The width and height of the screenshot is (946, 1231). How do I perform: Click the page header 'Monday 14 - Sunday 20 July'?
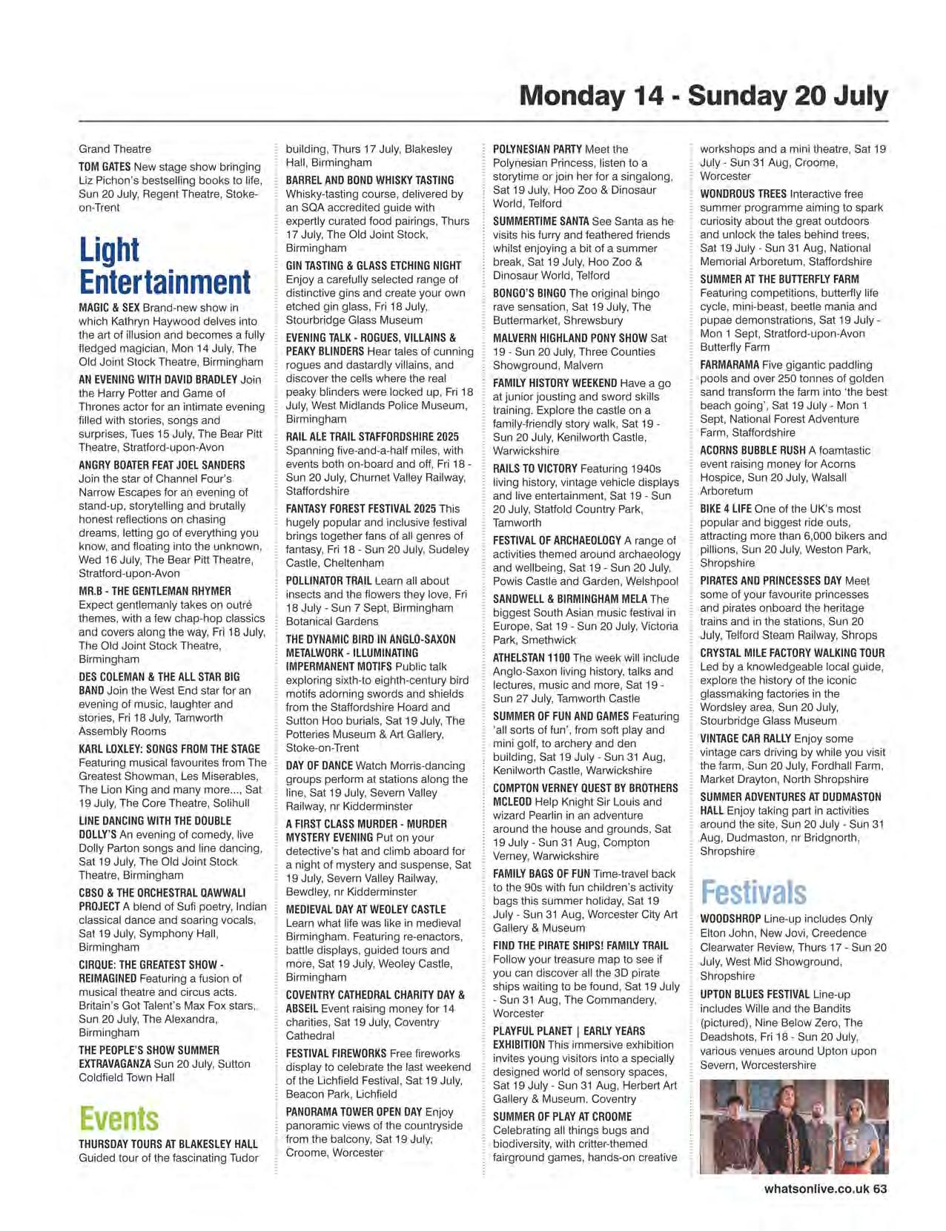point(703,96)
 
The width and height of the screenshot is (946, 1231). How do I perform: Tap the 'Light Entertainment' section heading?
point(165,266)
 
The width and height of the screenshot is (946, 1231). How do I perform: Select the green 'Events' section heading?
point(119,1119)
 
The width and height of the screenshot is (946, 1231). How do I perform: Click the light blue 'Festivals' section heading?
point(753,892)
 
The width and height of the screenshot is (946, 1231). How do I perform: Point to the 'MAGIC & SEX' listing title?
point(109,308)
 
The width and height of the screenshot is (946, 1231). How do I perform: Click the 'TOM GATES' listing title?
point(105,167)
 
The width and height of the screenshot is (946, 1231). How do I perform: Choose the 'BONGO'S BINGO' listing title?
point(529,294)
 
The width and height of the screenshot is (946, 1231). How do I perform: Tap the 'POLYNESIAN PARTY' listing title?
point(537,149)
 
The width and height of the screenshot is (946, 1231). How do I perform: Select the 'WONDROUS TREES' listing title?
point(743,194)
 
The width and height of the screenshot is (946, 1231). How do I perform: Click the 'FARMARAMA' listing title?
point(730,365)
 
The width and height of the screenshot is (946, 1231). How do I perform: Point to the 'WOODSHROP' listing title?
point(730,919)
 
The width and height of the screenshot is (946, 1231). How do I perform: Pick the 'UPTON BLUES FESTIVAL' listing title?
point(755,994)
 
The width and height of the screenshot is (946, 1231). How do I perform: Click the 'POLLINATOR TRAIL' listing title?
point(328,581)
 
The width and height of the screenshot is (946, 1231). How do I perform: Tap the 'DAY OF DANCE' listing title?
point(319,766)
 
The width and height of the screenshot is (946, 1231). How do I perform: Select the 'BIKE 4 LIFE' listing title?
point(725,509)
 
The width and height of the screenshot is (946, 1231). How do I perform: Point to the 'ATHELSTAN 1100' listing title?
point(531,658)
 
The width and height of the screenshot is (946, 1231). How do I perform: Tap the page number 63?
point(880,1189)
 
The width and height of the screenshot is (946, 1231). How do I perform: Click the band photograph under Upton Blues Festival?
point(793,1126)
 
